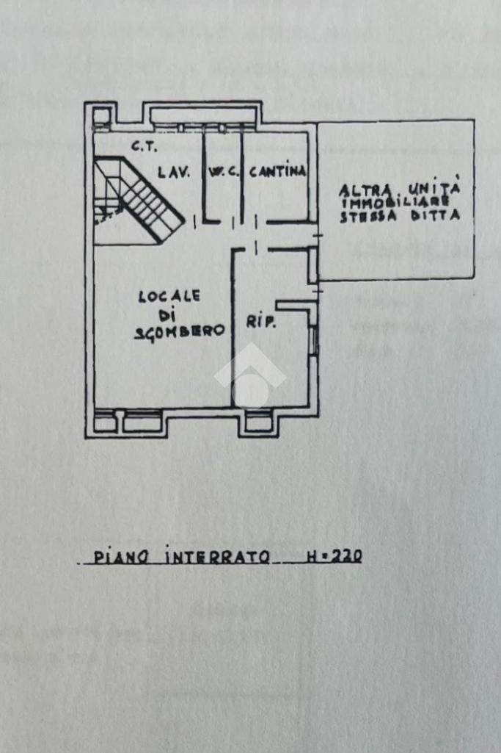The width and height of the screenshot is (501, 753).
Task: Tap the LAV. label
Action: pyautogui.click(x=175, y=173)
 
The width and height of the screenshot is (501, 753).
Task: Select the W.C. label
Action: pyautogui.click(x=221, y=173)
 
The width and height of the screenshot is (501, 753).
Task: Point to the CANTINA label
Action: pyautogui.click(x=278, y=172)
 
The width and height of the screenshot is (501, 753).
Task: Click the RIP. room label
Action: pyautogui.click(x=260, y=322)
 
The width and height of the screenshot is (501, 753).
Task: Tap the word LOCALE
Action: pyautogui.click(x=169, y=297)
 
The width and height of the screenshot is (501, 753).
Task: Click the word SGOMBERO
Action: pyautogui.click(x=179, y=331)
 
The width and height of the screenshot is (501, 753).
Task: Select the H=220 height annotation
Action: pyautogui.click(x=332, y=557)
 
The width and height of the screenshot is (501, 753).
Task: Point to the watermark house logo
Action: pyautogui.click(x=250, y=375)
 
